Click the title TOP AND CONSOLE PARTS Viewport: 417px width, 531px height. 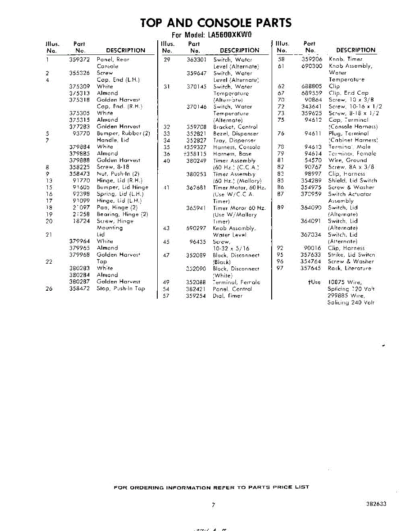tap(216, 23)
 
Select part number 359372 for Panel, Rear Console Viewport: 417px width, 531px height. tap(80, 59)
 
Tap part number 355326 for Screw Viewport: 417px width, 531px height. tap(80, 73)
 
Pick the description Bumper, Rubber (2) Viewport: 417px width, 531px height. tap(123, 133)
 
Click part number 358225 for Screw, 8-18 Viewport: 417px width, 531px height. tap(80, 167)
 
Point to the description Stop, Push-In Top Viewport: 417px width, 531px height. tap(121, 289)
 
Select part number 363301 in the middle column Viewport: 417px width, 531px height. tap(197, 59)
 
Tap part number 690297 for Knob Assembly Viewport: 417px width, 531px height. tap(197, 228)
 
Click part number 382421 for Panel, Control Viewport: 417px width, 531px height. tap(197, 289)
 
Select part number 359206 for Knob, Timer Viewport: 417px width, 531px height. tap(312, 59)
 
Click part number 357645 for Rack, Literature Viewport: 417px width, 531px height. tap(311, 268)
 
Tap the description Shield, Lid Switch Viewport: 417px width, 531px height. tap(353, 181)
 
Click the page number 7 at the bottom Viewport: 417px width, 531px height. tap(213, 504)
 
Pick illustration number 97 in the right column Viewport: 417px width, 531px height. tap(280, 268)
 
